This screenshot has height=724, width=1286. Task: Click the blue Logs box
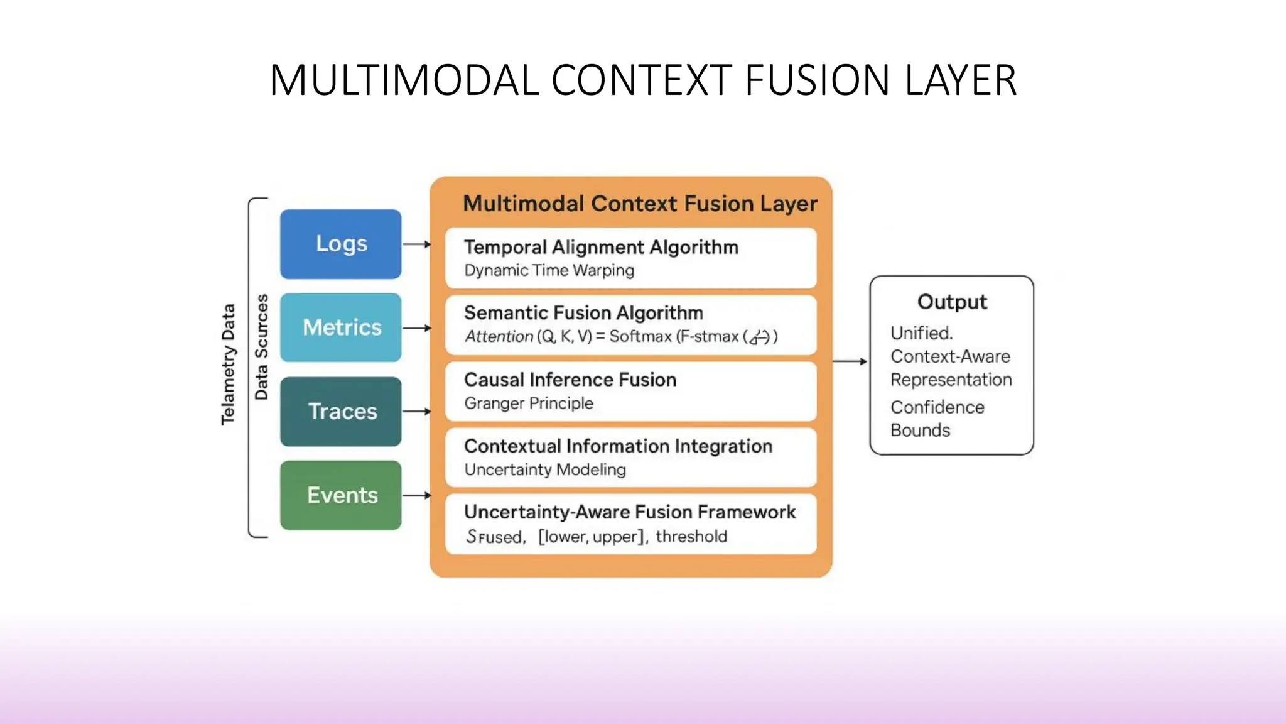coord(340,244)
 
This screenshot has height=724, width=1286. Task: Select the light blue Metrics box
coord(340,327)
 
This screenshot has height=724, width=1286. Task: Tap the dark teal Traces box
coord(340,412)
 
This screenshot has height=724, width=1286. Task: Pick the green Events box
coord(340,495)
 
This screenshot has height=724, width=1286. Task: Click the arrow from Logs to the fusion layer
coord(416,244)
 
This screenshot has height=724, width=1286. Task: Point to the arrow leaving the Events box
coord(416,495)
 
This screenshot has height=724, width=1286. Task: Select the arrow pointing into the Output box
coord(850,361)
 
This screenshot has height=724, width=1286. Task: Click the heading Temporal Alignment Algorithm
coord(601,247)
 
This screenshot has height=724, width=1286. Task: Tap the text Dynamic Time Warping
coord(549,270)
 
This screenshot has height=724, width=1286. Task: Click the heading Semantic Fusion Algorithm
coord(583,313)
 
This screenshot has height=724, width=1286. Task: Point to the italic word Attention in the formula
coord(499,337)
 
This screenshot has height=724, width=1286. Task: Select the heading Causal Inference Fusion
coord(570,380)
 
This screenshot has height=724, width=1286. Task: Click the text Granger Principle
coord(529,403)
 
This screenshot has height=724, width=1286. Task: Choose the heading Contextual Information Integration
coord(618,446)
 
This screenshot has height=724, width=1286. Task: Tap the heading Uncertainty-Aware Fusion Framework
coord(630,512)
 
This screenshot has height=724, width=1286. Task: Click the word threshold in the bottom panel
coord(691,537)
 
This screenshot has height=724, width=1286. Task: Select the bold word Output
coord(952,302)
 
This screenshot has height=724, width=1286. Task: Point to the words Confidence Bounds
coord(936,419)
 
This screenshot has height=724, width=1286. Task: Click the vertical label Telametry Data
coord(228,365)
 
